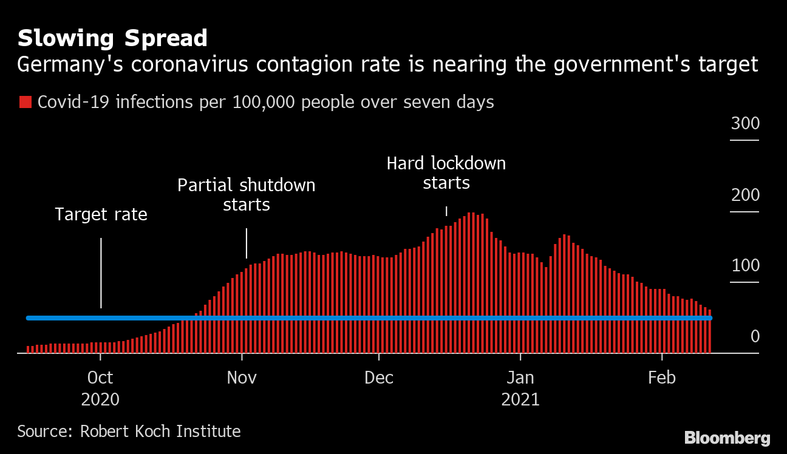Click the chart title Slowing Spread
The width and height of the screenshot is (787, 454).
[112, 38]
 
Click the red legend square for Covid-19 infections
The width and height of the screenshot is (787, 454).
[25, 102]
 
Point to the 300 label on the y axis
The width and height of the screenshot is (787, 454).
[745, 124]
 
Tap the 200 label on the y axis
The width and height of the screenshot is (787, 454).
[745, 195]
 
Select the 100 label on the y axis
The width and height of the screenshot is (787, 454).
[745, 266]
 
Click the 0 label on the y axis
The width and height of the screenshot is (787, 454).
[755, 336]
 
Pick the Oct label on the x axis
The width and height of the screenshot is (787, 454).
[100, 378]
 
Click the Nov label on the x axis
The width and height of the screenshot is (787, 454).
[242, 378]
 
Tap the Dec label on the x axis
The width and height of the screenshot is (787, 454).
[379, 378]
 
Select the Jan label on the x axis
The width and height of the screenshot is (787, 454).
[520, 378]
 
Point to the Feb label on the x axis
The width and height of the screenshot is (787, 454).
[662, 378]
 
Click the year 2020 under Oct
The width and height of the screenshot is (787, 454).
[100, 399]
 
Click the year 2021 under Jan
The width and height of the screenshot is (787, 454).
[520, 399]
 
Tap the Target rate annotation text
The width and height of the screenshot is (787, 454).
[101, 214]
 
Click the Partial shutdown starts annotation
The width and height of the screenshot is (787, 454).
[246, 194]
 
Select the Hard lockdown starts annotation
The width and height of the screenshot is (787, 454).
[446, 173]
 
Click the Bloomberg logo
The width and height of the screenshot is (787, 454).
[727, 438]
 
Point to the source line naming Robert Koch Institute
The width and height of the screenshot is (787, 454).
[129, 432]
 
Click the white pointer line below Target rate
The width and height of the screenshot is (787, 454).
[101, 273]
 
